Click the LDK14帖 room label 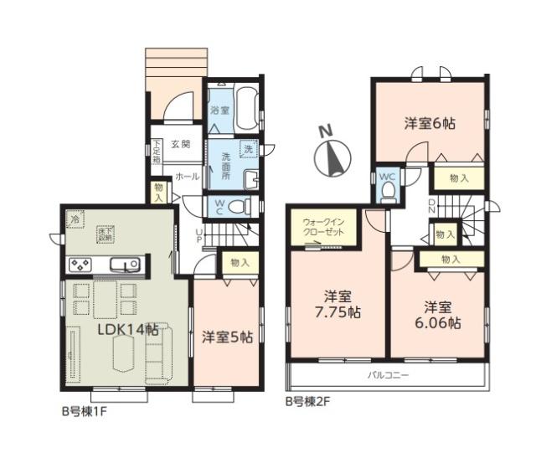[127, 329]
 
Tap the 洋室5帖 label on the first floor [227, 337]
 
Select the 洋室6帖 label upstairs [430, 124]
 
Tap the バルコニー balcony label [388, 375]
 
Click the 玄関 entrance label [181, 144]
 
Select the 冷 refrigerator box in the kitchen [75, 219]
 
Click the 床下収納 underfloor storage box [106, 235]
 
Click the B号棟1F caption [85, 412]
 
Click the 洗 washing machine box [249, 149]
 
